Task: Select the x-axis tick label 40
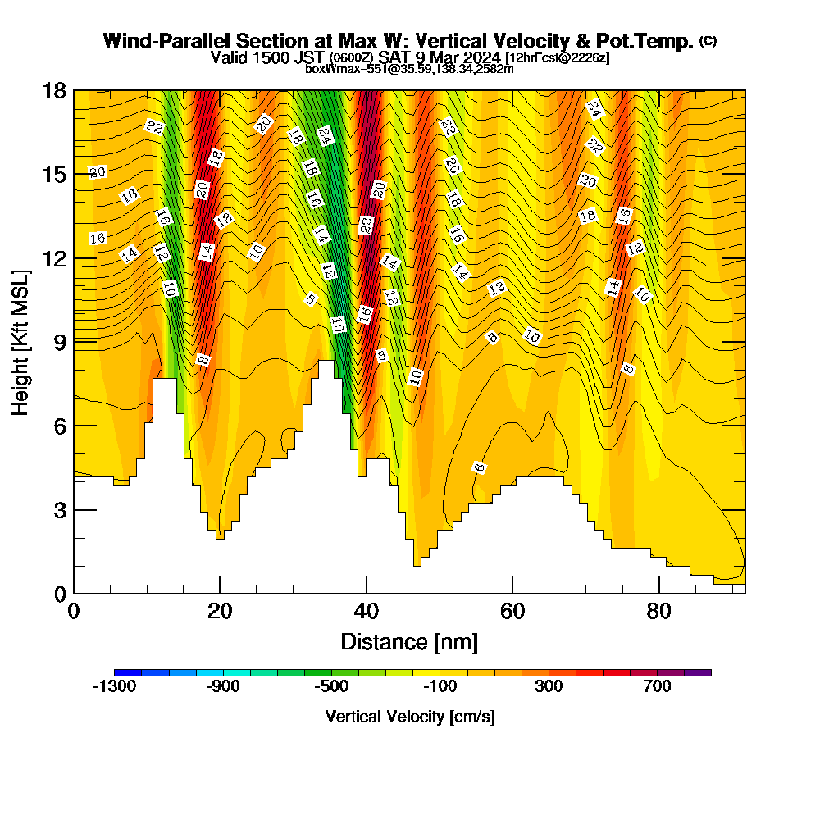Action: [x=366, y=611]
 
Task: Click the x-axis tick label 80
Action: [x=658, y=611]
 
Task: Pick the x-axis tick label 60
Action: [x=512, y=611]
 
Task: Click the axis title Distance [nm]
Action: [x=409, y=641]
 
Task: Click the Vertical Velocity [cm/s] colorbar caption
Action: [x=410, y=717]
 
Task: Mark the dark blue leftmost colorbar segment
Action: [x=128, y=672]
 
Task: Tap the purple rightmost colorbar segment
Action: [x=698, y=672]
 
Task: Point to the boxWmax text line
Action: [x=409, y=69]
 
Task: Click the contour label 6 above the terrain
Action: [x=480, y=467]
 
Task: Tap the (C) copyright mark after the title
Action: [x=708, y=41]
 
